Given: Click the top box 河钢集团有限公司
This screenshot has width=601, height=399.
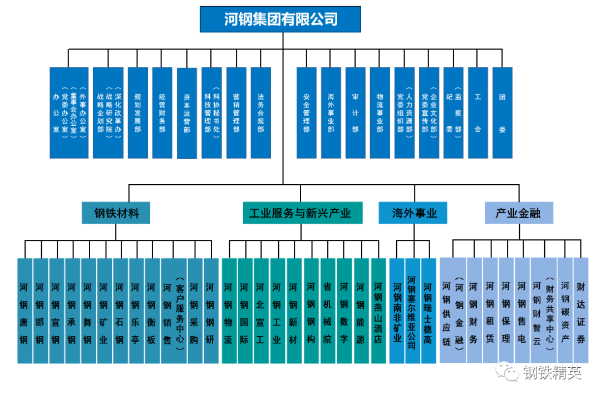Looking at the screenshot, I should click(x=280, y=19).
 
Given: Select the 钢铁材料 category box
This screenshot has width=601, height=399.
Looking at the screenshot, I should click(x=116, y=213).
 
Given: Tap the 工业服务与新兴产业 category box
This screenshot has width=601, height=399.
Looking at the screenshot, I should click(x=303, y=213).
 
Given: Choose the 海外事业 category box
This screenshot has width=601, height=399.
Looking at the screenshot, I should click(x=413, y=213).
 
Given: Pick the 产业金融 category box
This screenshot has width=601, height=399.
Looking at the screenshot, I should click(x=518, y=213).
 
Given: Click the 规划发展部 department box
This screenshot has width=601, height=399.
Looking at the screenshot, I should click(x=137, y=112).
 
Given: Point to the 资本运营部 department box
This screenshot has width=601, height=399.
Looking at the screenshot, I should click(x=187, y=113).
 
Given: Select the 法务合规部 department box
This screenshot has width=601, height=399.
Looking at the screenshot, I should click(x=260, y=112).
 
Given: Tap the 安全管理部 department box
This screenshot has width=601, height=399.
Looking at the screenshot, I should click(x=306, y=112).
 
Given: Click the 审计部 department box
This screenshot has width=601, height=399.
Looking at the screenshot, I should click(x=355, y=112).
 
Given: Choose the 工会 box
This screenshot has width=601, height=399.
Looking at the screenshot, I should click(x=477, y=112).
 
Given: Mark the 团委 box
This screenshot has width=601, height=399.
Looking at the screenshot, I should click(x=502, y=112).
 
